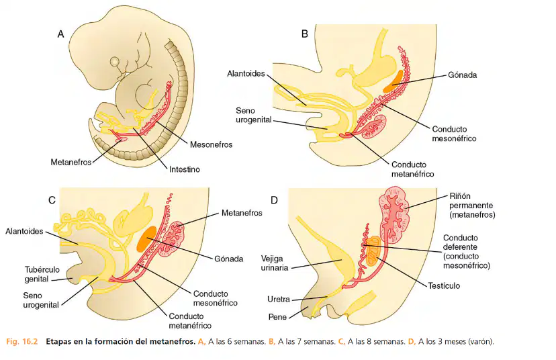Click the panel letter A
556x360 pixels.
click(x=60, y=34)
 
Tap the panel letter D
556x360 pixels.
click(x=274, y=200)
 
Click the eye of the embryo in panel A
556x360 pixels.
click(x=115, y=62)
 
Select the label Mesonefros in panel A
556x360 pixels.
click(x=211, y=144)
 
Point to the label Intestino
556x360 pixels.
click(x=185, y=169)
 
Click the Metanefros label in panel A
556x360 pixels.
click(x=71, y=163)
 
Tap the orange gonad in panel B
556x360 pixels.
click(x=393, y=81)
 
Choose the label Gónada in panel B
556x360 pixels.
click(x=463, y=75)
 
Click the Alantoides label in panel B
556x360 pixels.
click(x=246, y=74)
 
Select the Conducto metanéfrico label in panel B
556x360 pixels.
click(x=413, y=169)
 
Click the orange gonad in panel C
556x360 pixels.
click(x=146, y=239)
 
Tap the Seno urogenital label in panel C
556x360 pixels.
click(x=41, y=300)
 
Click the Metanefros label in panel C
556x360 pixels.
click(x=242, y=213)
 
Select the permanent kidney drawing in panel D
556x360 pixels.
click(x=395, y=215)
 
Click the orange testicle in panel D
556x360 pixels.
click(x=373, y=252)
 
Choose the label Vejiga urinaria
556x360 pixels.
click(x=275, y=263)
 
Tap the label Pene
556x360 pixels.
click(x=277, y=317)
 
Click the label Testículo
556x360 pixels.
click(x=444, y=286)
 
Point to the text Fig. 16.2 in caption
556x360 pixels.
click(x=21, y=342)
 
